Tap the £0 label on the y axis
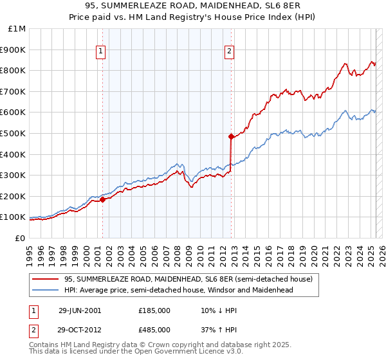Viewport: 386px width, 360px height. (x=20, y=238)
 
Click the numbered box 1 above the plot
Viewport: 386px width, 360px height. (x=102, y=53)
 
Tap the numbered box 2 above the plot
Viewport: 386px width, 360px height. (x=230, y=53)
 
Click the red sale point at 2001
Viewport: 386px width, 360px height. (x=102, y=199)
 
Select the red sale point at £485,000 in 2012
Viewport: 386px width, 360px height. (x=230, y=136)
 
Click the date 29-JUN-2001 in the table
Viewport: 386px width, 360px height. (x=80, y=310)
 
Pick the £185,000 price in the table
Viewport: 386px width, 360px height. (x=154, y=310)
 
